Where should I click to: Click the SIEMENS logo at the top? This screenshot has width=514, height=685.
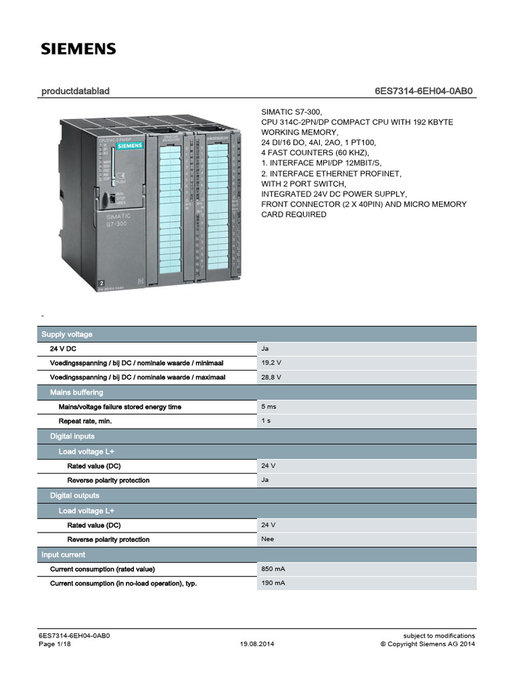pyautogui.click(x=79, y=49)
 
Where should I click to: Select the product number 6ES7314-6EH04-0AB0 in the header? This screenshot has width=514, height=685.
pyautogui.click(x=425, y=90)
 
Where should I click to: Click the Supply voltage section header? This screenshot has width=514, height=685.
pyautogui.click(x=67, y=334)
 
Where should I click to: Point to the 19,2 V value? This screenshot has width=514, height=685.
pyautogui.click(x=270, y=363)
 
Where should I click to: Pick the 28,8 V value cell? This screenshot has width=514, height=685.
pyautogui.click(x=270, y=377)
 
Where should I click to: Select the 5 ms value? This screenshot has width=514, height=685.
pyautogui.click(x=270, y=406)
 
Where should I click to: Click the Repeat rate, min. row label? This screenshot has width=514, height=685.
pyautogui.click(x=85, y=421)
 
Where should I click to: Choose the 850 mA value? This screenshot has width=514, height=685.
pyautogui.click(x=273, y=569)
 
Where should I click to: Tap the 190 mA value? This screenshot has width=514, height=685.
pyautogui.click(x=273, y=583)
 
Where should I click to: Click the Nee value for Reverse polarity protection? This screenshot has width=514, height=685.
pyautogui.click(x=268, y=539)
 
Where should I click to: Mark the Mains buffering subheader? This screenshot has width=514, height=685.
pyautogui.click(x=76, y=392)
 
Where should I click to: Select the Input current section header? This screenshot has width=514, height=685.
pyautogui.click(x=64, y=555)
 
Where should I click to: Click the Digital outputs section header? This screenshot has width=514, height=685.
pyautogui.click(x=74, y=496)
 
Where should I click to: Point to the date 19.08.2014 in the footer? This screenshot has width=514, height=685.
pyautogui.click(x=257, y=644)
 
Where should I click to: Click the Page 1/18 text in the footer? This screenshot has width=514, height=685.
pyautogui.click(x=56, y=644)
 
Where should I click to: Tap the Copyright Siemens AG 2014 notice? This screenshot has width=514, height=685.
pyautogui.click(x=428, y=644)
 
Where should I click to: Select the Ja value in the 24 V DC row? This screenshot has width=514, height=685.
pyautogui.click(x=266, y=349)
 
